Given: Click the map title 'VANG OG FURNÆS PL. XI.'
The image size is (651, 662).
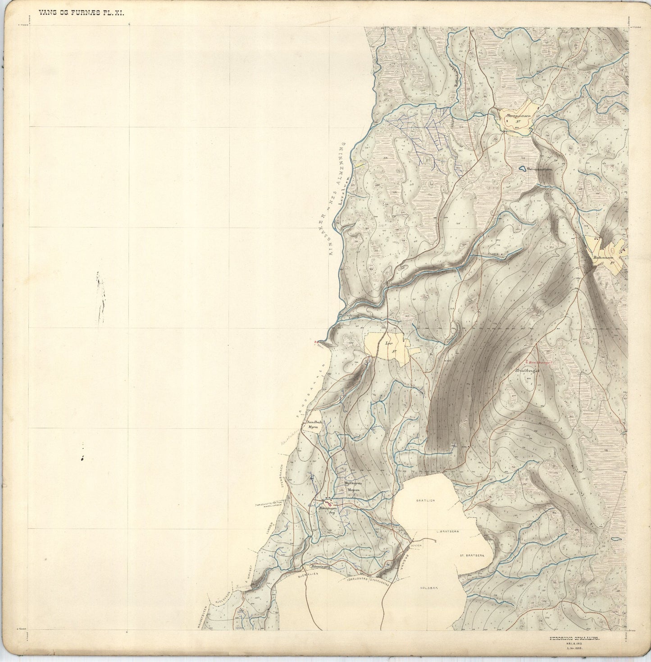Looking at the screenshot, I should click(x=81, y=13).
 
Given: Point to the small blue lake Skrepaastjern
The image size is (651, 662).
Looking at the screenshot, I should click(x=522, y=169).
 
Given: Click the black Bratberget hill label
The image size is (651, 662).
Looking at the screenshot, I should click(x=527, y=371).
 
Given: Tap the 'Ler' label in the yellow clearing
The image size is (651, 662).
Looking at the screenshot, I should click(x=389, y=343).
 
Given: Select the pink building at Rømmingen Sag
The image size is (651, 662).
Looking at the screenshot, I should click(x=328, y=503).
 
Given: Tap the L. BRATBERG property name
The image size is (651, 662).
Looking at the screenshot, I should click(x=447, y=531).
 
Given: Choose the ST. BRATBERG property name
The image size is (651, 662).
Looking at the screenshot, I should click(x=471, y=556).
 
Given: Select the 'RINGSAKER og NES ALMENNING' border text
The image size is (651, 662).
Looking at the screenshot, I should click(x=337, y=198).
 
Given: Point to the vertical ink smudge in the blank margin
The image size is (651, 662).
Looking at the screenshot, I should click(x=101, y=297).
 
